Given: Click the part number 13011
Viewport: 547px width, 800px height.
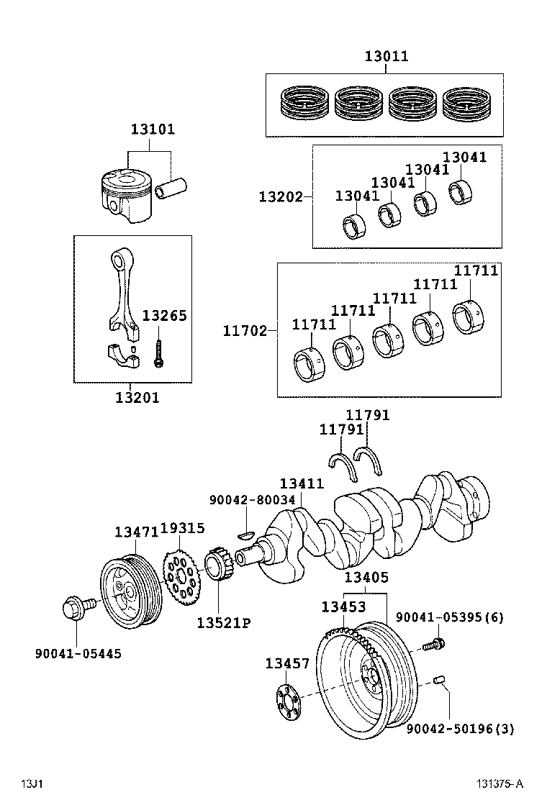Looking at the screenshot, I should tap(386, 56).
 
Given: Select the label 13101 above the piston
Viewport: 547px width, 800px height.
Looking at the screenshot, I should tap(153, 129).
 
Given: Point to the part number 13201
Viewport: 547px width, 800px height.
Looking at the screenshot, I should tap(136, 396).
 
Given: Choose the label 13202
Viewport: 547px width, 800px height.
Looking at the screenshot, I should tap(281, 196).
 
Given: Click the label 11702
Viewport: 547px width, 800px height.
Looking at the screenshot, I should tap(245, 331).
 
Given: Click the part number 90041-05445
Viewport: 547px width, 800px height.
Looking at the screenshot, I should tap(78, 653).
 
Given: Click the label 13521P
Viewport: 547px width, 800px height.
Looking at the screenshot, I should tap(223, 622).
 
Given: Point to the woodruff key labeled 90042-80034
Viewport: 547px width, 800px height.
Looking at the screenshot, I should tap(245, 534).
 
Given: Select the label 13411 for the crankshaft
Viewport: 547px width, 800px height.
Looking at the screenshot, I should tap(302, 485).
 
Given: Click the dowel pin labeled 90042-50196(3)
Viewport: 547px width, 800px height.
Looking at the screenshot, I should tap(441, 681).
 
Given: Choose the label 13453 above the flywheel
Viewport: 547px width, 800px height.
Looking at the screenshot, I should tap(343, 606).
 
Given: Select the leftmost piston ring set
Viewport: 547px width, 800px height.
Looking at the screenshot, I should tap(304, 105).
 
